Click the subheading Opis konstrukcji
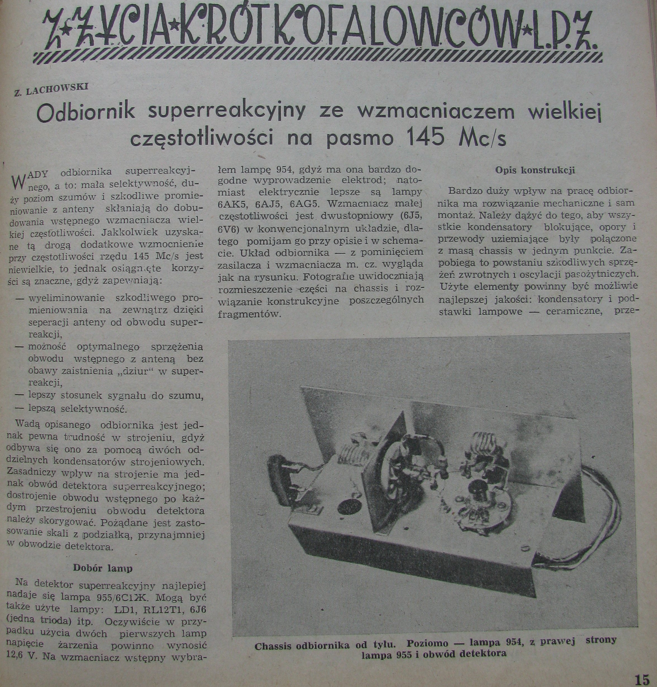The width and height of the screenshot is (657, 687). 535,171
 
